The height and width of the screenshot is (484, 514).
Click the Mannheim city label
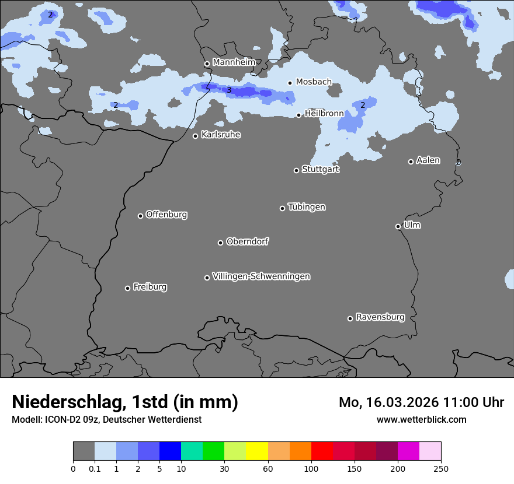pos(234,62)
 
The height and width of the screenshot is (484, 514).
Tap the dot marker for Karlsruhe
pos(196,136)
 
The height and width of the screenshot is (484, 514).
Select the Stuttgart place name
pos(320,170)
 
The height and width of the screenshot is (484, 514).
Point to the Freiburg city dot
pos(127,288)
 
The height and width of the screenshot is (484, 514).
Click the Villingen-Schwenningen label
pos(261,276)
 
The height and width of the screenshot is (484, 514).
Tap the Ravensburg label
pos(380,317)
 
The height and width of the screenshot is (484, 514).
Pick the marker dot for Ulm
pos(398,226)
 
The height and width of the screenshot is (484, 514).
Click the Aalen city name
pos(428,160)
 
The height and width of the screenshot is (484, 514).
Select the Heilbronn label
pos(324,114)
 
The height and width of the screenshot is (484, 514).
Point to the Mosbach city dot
pos(290,83)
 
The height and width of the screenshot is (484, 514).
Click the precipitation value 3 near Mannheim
pos(229,90)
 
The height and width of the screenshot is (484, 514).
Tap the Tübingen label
pos(307,207)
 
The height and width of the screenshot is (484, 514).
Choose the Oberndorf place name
pos(248,241)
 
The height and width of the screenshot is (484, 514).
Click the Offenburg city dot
pos(140,216)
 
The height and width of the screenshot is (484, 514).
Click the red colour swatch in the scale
pos(322,451)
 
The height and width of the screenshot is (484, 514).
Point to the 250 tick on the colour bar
pos(441,468)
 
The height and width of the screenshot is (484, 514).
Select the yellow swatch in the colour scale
pos(257,451)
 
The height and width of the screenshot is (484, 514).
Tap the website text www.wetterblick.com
pos(421,419)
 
